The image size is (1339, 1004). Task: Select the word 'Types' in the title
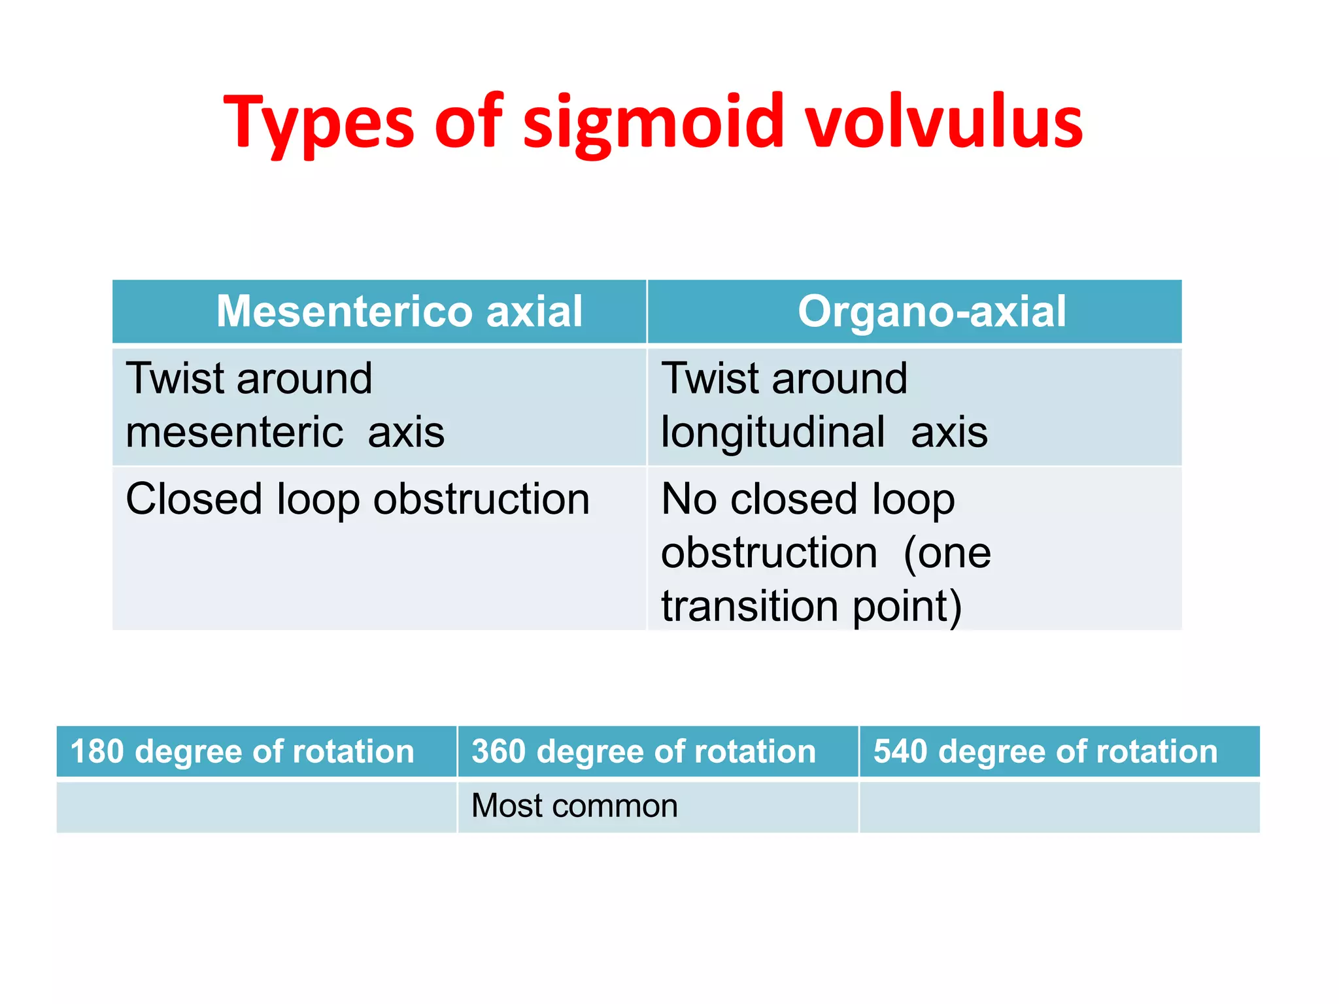(x=318, y=123)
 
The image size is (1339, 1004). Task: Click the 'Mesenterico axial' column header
(x=399, y=311)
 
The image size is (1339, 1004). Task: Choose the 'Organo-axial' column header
(x=931, y=311)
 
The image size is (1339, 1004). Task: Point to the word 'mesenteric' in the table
(x=234, y=432)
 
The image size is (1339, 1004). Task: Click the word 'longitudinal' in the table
(x=773, y=432)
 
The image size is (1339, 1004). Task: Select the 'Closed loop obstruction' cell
(x=358, y=499)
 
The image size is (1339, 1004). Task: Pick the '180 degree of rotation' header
(x=243, y=751)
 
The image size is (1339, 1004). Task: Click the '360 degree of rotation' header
(x=644, y=751)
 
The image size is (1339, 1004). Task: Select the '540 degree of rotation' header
(x=1045, y=751)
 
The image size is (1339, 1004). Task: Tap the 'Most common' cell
(x=574, y=805)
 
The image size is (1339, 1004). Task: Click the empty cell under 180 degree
(x=256, y=807)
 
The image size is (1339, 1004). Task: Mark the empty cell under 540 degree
(x=1059, y=807)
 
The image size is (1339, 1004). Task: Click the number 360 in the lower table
(x=499, y=751)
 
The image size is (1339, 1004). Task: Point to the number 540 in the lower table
(x=900, y=751)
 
